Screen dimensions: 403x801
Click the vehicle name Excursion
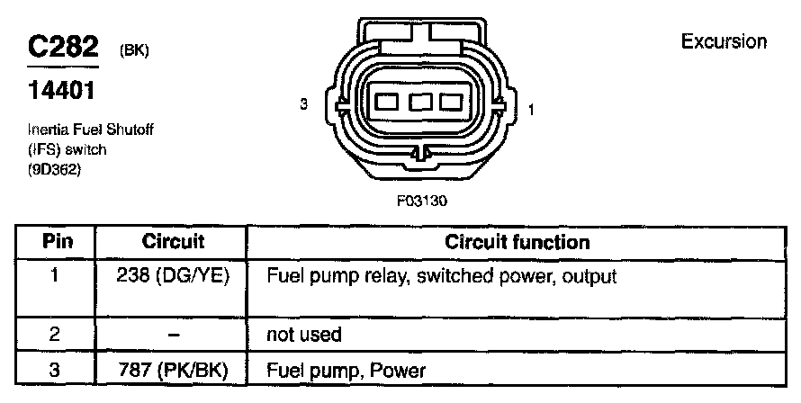[724, 41]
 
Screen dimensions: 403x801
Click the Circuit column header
[174, 242]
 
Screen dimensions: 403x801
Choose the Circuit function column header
[517, 242]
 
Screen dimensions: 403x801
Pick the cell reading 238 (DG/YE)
[174, 276]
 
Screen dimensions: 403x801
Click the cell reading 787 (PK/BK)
[174, 370]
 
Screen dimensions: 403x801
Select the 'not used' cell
[304, 336]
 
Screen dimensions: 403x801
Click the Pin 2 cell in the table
[56, 336]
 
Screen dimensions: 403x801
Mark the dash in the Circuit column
[174, 336]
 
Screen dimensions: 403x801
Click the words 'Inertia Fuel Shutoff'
[84, 130]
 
